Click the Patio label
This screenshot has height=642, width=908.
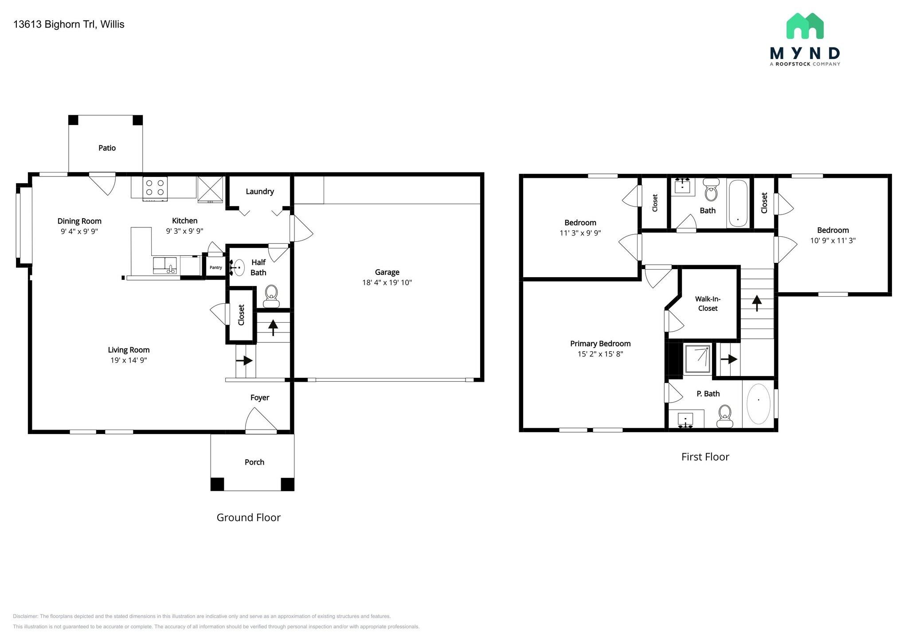coord(107,148)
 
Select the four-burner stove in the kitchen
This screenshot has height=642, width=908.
coord(155,188)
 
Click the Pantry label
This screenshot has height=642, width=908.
coord(216,267)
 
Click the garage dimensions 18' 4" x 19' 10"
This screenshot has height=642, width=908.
coord(387,282)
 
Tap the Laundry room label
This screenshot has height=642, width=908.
coord(260,192)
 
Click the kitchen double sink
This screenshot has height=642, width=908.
coord(165,266)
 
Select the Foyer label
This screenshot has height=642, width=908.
coord(260,398)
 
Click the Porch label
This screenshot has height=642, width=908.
coord(254,462)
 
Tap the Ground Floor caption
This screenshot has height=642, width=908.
coord(248,517)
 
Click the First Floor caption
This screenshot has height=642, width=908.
coord(705,457)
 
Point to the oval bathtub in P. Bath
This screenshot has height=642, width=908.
coord(759,404)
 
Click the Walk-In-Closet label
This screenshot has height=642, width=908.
coord(708,304)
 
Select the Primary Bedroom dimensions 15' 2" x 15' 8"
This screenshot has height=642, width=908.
coord(600,354)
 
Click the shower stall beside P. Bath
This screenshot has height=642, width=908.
coord(698,359)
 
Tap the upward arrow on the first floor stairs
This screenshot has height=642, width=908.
coord(757,303)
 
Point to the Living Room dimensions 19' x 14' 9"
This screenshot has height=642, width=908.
coord(129,360)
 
